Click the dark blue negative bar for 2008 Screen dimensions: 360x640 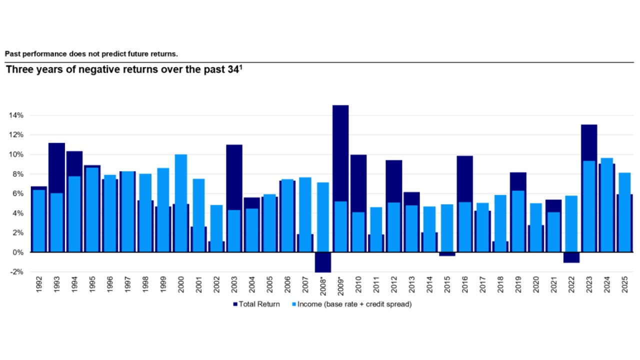[x=323, y=262]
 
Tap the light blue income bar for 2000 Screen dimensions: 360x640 [x=181, y=202]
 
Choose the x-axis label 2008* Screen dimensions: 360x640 [x=323, y=286]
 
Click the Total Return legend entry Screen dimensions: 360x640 [x=256, y=304]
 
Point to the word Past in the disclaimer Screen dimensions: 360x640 [x=12, y=53]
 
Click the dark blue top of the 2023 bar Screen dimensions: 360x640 [x=589, y=142]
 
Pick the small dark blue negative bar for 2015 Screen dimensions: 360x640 [x=447, y=254]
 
